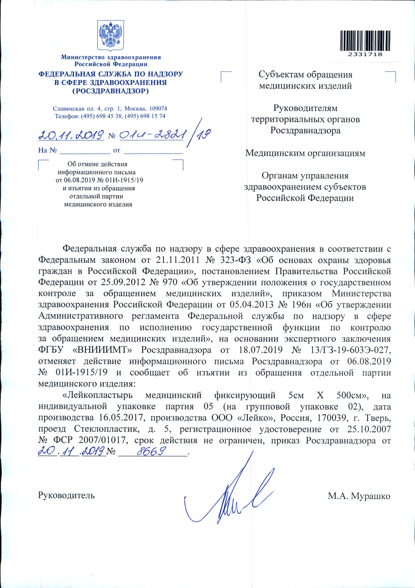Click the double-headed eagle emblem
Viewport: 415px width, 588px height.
[111, 36]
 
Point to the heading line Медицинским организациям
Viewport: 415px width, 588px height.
[305, 153]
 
